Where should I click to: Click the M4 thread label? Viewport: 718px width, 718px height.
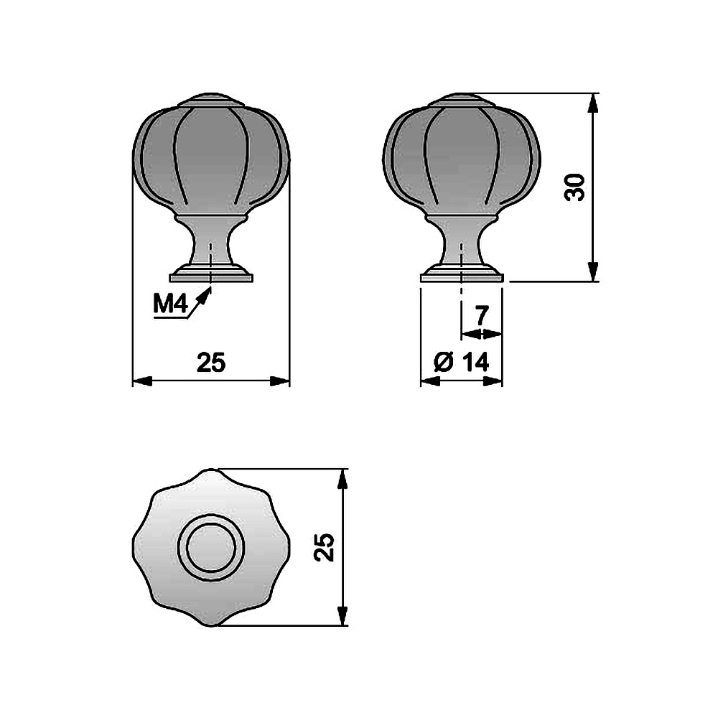(x=170, y=304)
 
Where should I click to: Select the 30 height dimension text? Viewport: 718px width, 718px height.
(x=575, y=187)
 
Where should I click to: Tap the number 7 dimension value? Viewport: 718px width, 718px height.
(x=480, y=315)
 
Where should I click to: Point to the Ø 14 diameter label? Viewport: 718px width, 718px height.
(x=461, y=362)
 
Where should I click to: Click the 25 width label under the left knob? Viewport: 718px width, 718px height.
(x=211, y=362)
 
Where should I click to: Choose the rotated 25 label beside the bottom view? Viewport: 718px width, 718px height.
(x=325, y=546)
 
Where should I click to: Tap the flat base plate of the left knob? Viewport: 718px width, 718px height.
(x=211, y=277)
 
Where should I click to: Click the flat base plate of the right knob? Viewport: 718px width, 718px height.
(x=462, y=277)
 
